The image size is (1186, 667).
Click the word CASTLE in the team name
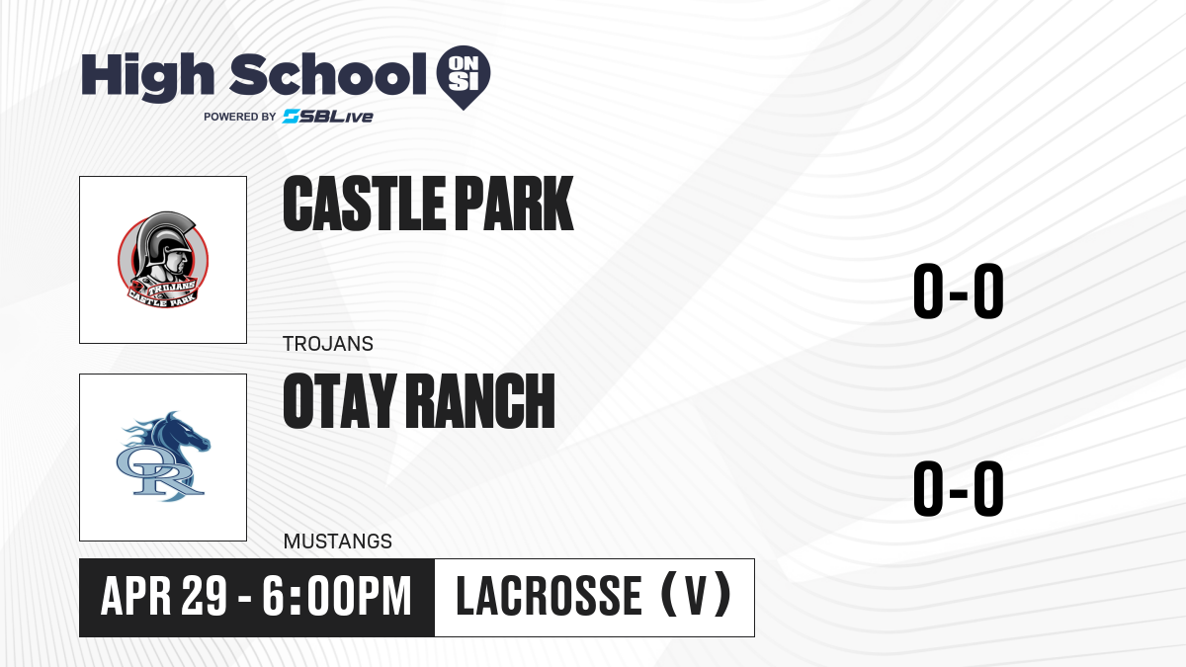365,204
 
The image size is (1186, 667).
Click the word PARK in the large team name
514,204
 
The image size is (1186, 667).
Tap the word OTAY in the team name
339,400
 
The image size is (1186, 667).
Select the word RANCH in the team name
480,400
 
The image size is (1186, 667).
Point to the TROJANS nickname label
328,344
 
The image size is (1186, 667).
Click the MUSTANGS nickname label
338,542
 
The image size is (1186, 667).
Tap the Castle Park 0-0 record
959,291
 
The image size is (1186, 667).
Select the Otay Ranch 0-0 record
959,488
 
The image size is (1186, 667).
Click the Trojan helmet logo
163,260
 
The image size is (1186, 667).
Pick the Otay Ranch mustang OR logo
163,457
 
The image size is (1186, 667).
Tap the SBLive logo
328,117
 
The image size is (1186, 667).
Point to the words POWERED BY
240,117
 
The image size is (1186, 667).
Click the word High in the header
148,76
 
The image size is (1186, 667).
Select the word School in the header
328,74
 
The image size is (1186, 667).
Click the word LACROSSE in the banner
550,597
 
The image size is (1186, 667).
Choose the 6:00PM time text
337,597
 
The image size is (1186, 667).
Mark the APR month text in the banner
136,597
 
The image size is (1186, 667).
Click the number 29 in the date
205,597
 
